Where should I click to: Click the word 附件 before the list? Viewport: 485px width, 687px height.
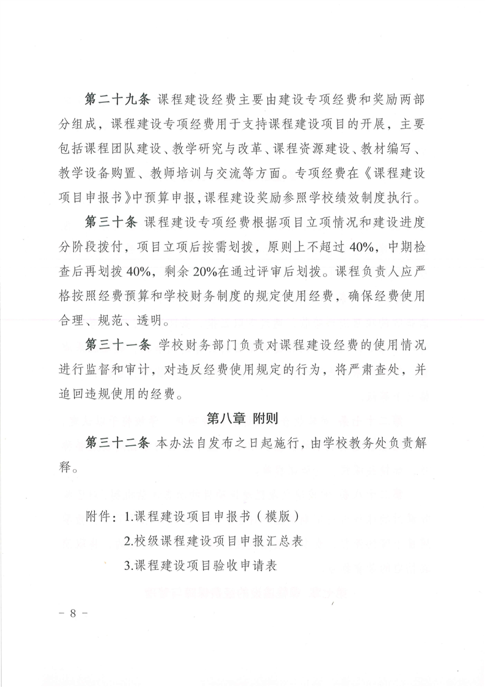pyautogui.click(x=100, y=516)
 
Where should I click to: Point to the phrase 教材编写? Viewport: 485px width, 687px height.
pyautogui.click(x=396, y=151)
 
